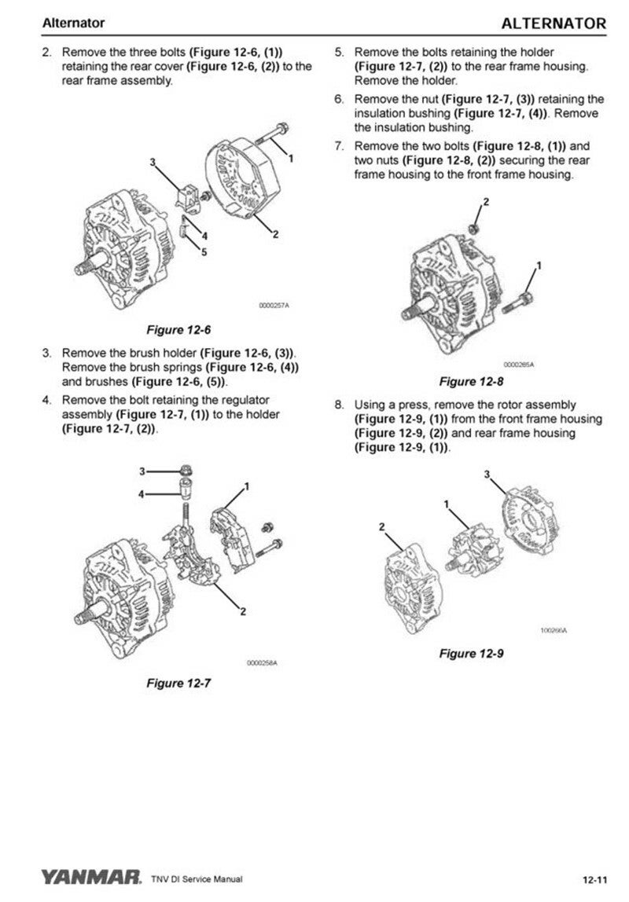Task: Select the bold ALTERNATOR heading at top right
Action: [x=554, y=24]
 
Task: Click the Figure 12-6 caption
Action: [x=179, y=329]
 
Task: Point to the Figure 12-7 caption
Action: [x=179, y=683]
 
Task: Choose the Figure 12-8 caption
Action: [x=470, y=382]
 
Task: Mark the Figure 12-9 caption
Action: [x=470, y=653]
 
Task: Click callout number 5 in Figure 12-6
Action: [x=204, y=252]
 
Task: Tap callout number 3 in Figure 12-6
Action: [x=153, y=162]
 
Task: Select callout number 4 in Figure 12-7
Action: [x=142, y=494]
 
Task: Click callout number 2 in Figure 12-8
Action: [x=485, y=202]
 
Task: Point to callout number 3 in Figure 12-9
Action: [x=487, y=474]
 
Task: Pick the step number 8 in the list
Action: [x=340, y=405]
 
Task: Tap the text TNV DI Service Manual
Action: [x=197, y=878]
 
